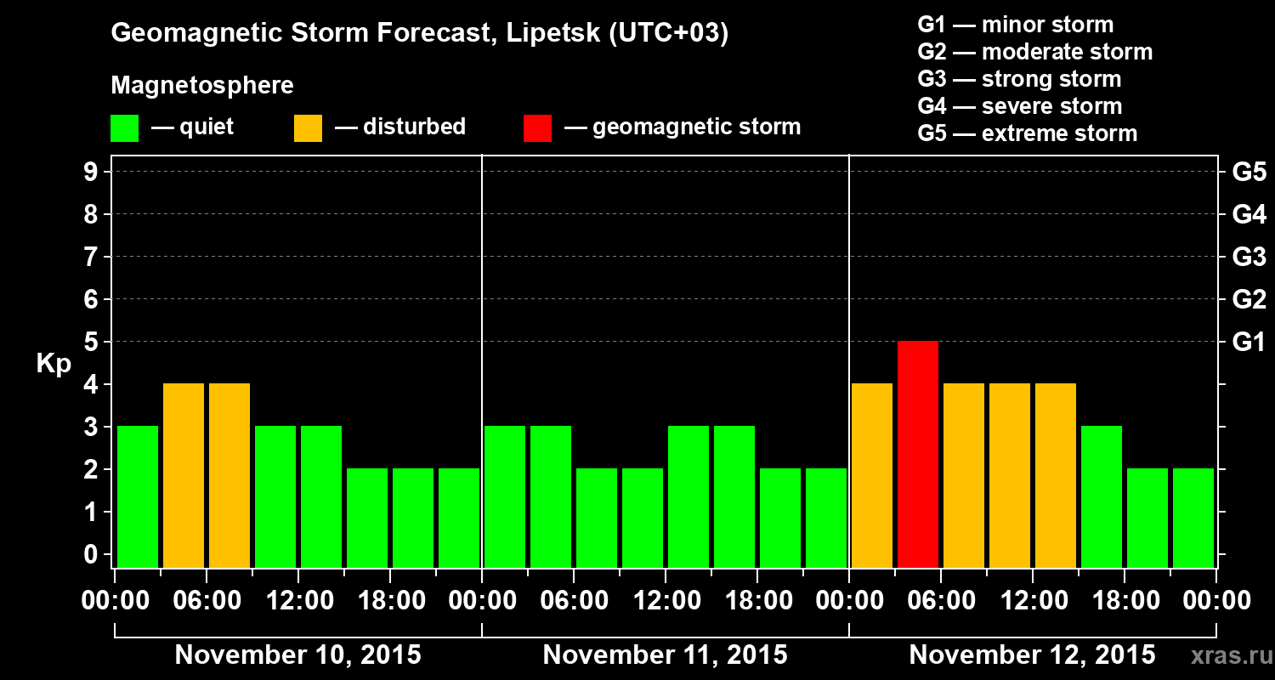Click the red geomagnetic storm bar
[x=918, y=454]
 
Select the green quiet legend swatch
[x=124, y=127]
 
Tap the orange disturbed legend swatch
[x=308, y=127]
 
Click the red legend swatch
[x=537, y=127]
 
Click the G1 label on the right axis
[x=1249, y=343]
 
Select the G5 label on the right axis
[x=1249, y=173]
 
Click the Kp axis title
[x=54, y=364]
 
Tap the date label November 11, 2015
[x=665, y=655]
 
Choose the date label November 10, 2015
[x=297, y=655]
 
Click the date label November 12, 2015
[x=1032, y=655]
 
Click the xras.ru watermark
[x=1225, y=655]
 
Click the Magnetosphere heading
[x=202, y=86]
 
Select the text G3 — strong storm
[x=1019, y=79]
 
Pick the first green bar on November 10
[x=138, y=496]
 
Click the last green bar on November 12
[x=1193, y=518]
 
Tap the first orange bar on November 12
[x=872, y=475]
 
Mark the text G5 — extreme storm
[x=1027, y=133]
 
